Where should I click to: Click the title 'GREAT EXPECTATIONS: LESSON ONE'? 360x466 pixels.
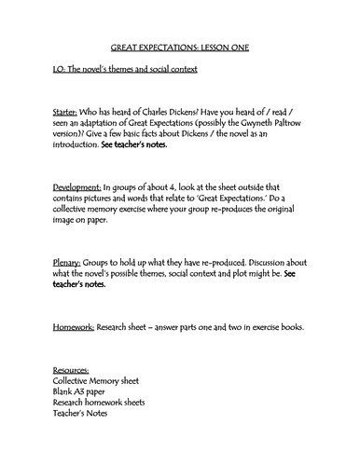180,46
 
